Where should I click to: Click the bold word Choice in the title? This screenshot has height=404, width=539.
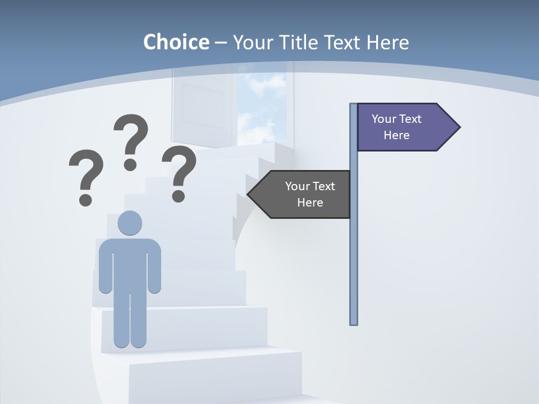click(x=176, y=42)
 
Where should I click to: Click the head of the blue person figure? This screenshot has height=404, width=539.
click(x=130, y=223)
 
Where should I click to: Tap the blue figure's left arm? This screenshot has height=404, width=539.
click(x=105, y=269)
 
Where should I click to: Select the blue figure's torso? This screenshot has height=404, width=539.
click(x=130, y=264)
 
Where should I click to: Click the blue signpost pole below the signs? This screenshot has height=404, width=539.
click(x=354, y=269)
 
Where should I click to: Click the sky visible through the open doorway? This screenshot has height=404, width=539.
click(x=262, y=107)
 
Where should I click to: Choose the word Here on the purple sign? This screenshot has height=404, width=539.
click(x=396, y=135)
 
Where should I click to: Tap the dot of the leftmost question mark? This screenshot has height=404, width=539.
click(x=85, y=199)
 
